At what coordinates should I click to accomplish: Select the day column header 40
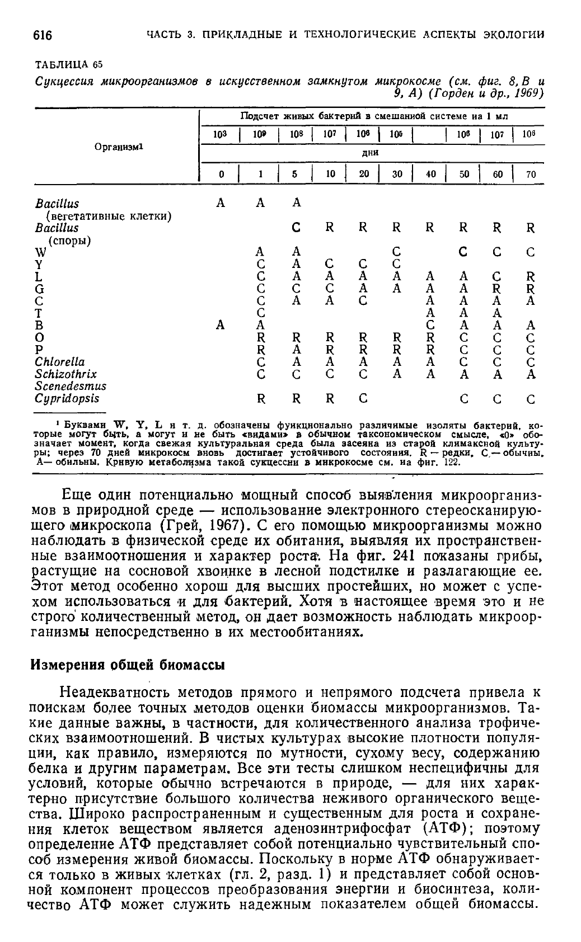coord(430,174)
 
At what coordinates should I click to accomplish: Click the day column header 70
coord(530,174)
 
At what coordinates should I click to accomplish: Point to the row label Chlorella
coord(60,361)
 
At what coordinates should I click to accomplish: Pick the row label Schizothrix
coord(66,374)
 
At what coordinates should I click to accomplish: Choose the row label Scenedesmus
coord(71,386)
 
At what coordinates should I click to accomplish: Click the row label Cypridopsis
coord(67,398)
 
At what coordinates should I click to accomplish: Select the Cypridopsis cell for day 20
coord(363,399)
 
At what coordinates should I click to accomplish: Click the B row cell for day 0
coord(221,325)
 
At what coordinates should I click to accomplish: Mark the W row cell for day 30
coord(397,252)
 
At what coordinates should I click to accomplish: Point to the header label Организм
coord(119,147)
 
